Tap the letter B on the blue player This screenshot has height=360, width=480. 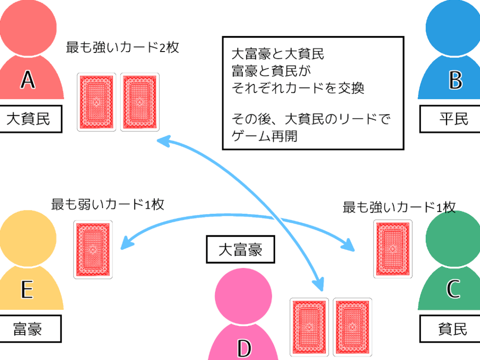455,80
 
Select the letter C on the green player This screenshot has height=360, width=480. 453,290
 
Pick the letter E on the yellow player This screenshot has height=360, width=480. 27,290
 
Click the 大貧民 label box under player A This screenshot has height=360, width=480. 29,120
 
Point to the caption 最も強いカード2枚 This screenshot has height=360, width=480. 123,48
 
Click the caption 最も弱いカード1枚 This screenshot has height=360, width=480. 108,204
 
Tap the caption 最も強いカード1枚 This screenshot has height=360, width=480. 399,207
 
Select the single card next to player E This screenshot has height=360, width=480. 93,250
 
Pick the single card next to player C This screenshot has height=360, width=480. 393,249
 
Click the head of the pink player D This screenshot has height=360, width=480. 243,296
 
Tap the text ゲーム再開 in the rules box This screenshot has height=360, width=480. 265,136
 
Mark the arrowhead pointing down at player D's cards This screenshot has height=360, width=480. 319,284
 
